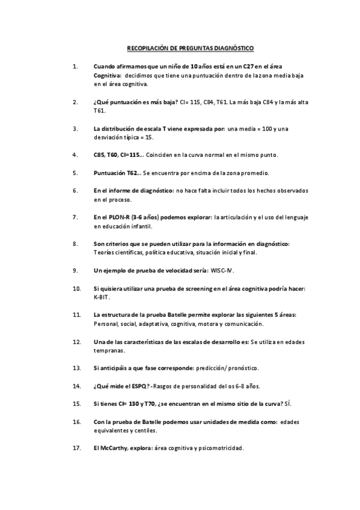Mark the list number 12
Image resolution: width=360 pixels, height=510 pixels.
pos(76,342)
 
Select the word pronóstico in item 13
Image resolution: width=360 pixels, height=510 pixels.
pos(241,367)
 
